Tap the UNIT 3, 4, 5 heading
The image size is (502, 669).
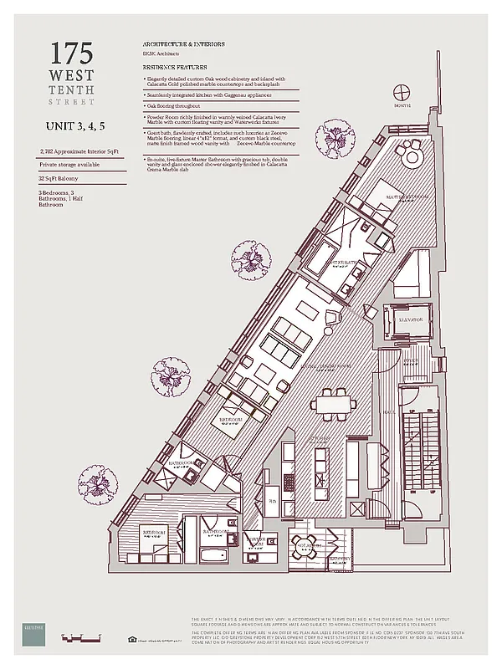tap(79, 127)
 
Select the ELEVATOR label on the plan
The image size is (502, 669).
tap(398, 320)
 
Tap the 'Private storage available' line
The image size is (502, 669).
tap(72, 166)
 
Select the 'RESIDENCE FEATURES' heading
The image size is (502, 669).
tap(174, 67)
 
